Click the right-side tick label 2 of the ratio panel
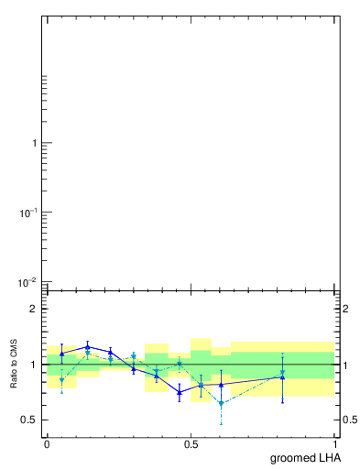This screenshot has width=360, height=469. (x=348, y=309)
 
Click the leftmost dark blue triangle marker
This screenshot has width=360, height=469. (x=61, y=353)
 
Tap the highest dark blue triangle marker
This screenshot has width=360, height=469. (x=87, y=346)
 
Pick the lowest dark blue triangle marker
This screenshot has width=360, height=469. (x=180, y=392)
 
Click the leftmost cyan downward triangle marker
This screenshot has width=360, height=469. (x=61, y=379)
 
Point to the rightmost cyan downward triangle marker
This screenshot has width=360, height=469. (x=283, y=372)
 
